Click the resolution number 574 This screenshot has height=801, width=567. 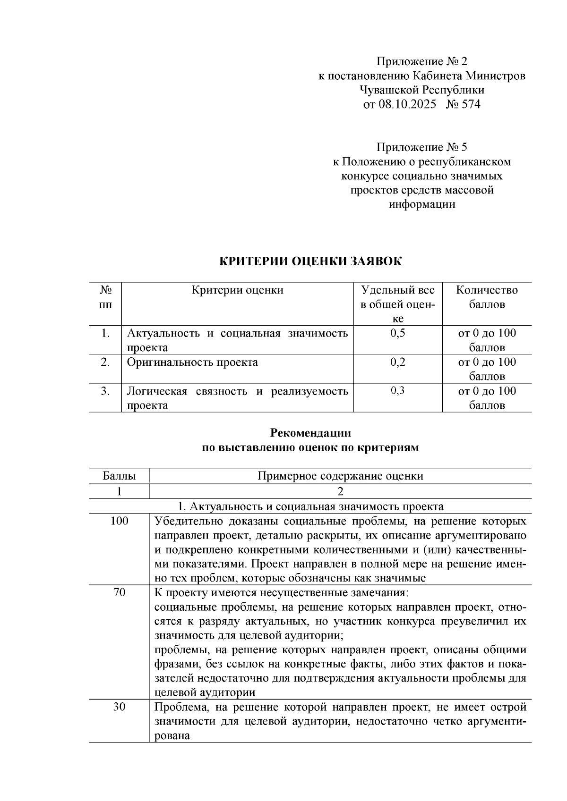click(471, 104)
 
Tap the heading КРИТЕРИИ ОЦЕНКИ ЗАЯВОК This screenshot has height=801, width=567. click(310, 261)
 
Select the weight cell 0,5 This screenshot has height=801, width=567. click(398, 333)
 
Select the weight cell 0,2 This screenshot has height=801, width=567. click(398, 362)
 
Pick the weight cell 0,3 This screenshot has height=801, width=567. click(398, 391)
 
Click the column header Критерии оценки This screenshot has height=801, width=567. click(238, 290)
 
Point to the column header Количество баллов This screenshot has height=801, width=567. click(487, 297)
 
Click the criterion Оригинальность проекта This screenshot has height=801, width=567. click(192, 362)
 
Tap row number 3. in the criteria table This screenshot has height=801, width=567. click(105, 391)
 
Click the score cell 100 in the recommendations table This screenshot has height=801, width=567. click(119, 521)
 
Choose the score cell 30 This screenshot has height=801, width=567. click(119, 707)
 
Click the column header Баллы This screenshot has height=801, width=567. click(119, 476)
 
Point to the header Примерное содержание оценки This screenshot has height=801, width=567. click(340, 476)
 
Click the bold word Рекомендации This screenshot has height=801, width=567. click(310, 433)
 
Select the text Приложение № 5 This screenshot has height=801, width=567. click(421, 147)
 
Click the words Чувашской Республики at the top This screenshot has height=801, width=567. click(421, 90)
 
